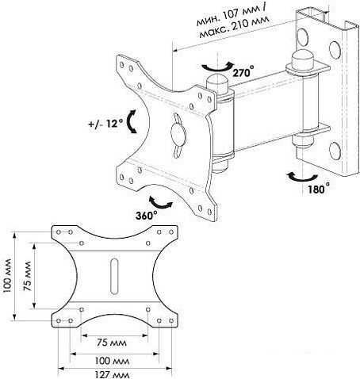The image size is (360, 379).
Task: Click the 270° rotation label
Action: tap(243, 71)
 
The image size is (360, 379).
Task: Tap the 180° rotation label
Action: tap(319, 189)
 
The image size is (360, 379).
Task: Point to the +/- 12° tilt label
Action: tap(105, 124)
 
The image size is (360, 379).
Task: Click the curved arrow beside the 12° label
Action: tap(129, 121)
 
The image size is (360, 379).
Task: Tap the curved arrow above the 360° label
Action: tap(160, 204)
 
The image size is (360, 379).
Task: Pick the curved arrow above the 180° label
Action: tap(301, 178)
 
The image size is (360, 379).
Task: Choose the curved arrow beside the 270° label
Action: tap(217, 68)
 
